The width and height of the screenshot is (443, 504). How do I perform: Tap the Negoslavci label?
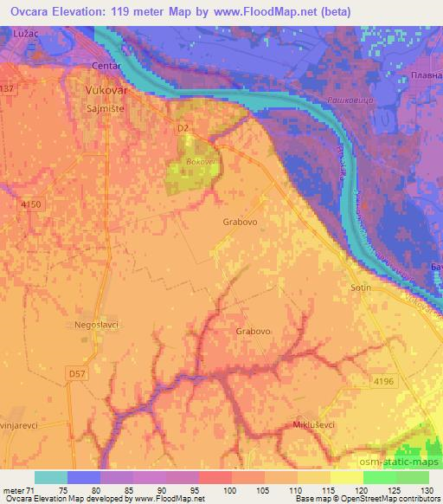pyautogui.click(x=97, y=324)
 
